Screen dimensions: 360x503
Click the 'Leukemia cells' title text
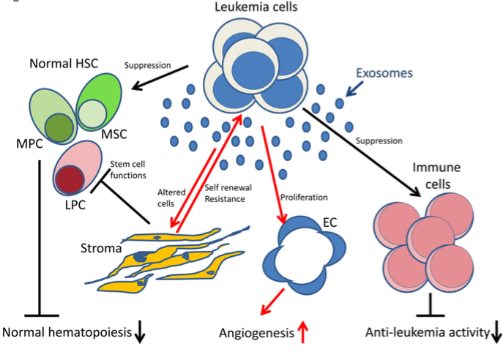tap(251, 9)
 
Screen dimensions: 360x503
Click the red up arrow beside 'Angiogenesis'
tap(301, 333)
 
